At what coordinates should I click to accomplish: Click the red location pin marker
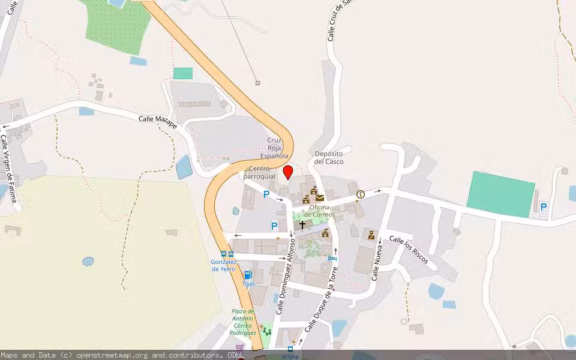tap(288, 173)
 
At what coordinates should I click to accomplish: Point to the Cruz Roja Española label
tap(278, 148)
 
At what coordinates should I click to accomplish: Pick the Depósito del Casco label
tap(329, 157)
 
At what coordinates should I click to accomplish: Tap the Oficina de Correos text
tap(319, 211)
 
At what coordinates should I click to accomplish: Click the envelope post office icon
tap(320, 197)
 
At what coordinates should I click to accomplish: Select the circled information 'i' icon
tap(361, 194)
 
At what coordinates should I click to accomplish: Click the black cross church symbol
tap(302, 224)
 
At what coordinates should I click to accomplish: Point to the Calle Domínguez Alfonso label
tap(286, 275)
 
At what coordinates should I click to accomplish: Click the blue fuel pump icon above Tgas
tap(248, 275)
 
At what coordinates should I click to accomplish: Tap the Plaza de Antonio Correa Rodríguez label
tap(244, 322)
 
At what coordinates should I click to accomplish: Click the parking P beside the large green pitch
tap(544, 207)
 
